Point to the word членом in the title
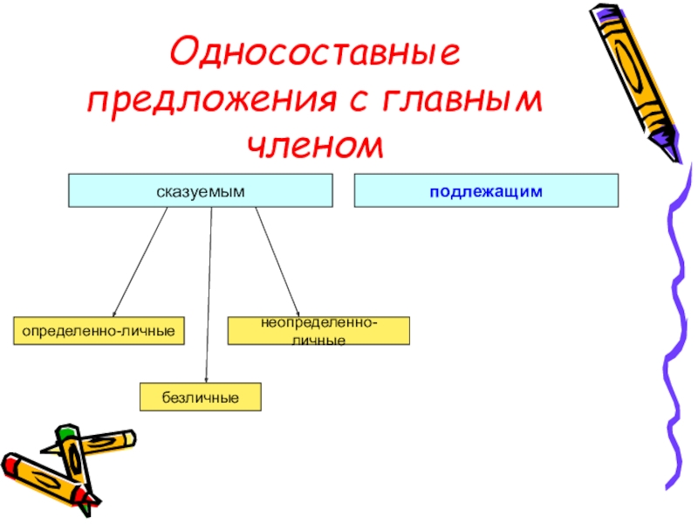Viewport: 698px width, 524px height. tap(315, 144)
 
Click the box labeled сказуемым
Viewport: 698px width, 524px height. tap(200, 190)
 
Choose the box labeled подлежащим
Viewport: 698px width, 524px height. tap(486, 190)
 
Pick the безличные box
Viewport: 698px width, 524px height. tap(201, 396)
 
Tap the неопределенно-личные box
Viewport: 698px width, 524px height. tap(318, 330)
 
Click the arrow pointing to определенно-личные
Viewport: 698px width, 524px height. tap(140, 262)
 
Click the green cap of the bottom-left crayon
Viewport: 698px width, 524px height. tap(66, 432)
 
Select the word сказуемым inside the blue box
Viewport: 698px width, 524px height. tap(200, 190)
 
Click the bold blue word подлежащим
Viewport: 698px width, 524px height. tap(486, 190)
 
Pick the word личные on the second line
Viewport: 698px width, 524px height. tap(319, 339)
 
